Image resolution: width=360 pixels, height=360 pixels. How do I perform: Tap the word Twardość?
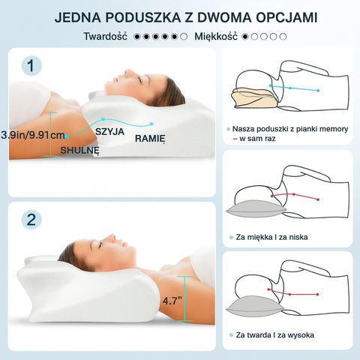pyautogui.click(x=105, y=36)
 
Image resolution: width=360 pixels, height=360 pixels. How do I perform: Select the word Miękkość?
pyautogui.click(x=216, y=37)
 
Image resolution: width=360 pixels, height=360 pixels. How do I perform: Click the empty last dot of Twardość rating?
pyautogui.click(x=184, y=37)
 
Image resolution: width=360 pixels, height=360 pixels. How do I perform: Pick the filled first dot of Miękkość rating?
pyautogui.click(x=245, y=37)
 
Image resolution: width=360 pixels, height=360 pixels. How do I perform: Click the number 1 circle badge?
pyautogui.click(x=31, y=66)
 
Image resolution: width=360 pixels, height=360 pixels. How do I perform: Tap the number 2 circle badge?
pyautogui.click(x=31, y=220)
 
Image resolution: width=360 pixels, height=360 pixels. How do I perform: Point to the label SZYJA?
pyautogui.click(x=109, y=132)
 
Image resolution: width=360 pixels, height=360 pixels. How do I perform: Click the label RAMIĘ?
pyautogui.click(x=150, y=139)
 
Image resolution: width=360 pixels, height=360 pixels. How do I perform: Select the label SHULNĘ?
pyautogui.click(x=79, y=151)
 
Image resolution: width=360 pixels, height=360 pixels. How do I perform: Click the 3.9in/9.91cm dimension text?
pyautogui.click(x=33, y=135)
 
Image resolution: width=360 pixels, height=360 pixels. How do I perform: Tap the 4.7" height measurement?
pyautogui.click(x=172, y=301)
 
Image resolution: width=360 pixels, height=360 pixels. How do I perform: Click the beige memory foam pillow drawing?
pyautogui.click(x=254, y=97)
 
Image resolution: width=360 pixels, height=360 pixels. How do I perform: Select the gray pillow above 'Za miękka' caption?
pyautogui.click(x=256, y=208)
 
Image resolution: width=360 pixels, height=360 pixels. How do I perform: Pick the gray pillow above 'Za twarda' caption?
pyautogui.click(x=255, y=307)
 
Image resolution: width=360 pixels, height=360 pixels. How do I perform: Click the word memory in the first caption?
pyautogui.click(x=334, y=129)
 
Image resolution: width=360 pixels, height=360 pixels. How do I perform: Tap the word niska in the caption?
pyautogui.click(x=298, y=237)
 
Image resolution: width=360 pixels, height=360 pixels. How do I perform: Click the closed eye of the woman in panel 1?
pyautogui.click(x=140, y=79)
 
